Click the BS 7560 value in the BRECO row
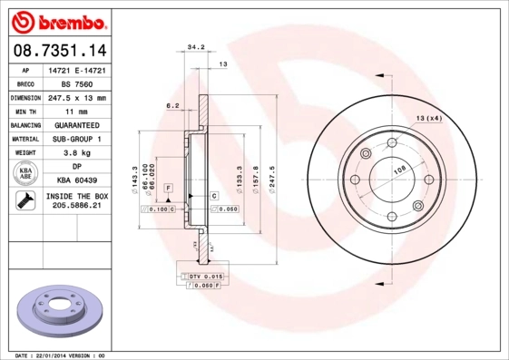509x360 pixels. (x=76, y=83)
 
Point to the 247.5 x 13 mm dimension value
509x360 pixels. (x=76, y=97)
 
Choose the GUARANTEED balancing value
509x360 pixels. (x=76, y=124)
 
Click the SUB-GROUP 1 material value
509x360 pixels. (x=76, y=139)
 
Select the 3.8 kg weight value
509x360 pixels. (x=76, y=152)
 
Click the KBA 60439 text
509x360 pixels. (x=76, y=180)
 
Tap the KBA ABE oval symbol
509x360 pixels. (x=24, y=173)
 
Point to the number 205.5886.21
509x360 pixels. (x=76, y=208)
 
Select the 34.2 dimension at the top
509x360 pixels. (x=194, y=45)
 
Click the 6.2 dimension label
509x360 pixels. (x=172, y=106)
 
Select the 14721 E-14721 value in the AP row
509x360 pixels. (x=76, y=69)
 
